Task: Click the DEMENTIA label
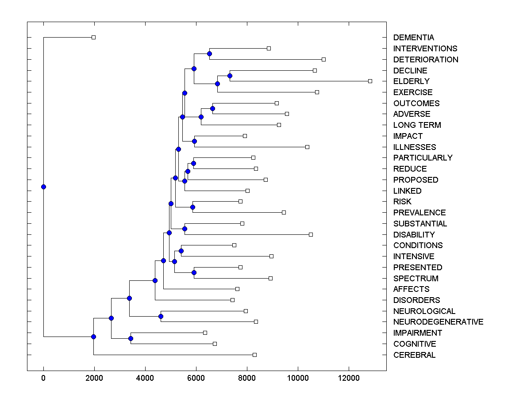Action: point(413,38)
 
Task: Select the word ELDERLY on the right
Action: point(411,81)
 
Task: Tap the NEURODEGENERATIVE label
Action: point(438,322)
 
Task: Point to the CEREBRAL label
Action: point(414,355)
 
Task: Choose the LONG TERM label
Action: point(417,125)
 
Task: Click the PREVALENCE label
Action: point(419,213)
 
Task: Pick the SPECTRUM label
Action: point(416,279)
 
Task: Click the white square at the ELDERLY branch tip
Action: point(370,81)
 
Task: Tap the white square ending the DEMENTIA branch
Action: point(93,37)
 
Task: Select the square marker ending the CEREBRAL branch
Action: point(254,355)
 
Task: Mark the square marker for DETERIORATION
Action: point(323,59)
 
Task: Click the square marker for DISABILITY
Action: point(311,234)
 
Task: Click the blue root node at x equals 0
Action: point(43,187)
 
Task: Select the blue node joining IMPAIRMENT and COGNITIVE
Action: point(131,338)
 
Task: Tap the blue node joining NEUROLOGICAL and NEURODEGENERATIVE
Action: point(161,316)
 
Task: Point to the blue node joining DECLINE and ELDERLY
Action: point(230,76)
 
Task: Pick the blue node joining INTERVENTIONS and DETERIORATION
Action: point(209,54)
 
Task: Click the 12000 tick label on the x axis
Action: point(349,378)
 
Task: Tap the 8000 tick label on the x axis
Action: point(247,378)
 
